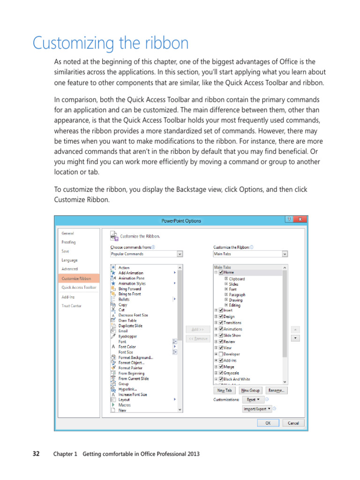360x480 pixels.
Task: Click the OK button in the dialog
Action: coord(268,423)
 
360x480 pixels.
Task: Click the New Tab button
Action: coord(225,390)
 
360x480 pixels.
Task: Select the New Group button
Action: coord(250,390)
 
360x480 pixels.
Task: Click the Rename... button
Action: coord(277,390)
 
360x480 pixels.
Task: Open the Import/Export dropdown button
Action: coord(257,409)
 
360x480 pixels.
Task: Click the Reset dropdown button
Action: coord(253,400)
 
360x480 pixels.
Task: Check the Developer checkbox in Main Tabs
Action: coord(221,354)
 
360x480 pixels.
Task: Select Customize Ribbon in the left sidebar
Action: coord(76,278)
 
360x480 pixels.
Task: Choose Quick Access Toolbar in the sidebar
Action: coord(79,287)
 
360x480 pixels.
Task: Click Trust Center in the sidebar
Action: coord(72,306)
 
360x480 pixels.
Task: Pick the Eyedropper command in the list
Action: coord(127,336)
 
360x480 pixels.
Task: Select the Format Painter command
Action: coord(130,368)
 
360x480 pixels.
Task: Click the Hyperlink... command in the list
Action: coord(127,389)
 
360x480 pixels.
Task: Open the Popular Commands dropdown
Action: coord(146,254)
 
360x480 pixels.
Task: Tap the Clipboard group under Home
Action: coord(236,278)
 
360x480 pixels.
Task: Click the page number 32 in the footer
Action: coord(36,454)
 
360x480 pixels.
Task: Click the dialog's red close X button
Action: coord(301,219)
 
